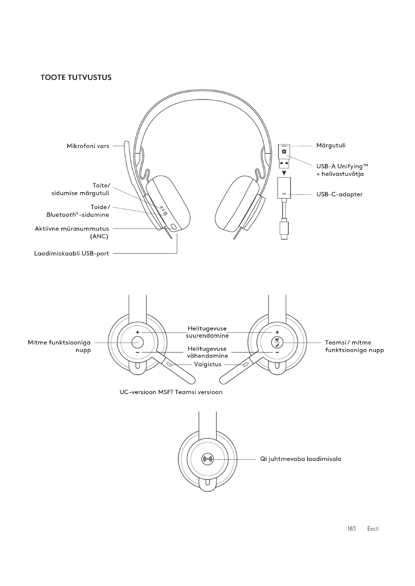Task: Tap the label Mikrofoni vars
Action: (x=88, y=146)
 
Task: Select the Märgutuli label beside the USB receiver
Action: (x=331, y=146)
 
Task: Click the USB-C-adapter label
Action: (x=339, y=194)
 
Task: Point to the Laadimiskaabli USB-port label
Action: (x=72, y=254)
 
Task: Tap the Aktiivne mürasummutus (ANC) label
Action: (x=72, y=232)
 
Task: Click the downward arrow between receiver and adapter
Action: (x=284, y=173)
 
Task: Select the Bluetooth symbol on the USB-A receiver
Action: (x=284, y=152)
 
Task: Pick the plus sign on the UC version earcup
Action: (x=137, y=332)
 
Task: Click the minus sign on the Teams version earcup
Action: (x=277, y=353)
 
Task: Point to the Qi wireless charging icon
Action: (x=207, y=459)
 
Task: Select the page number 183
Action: (x=351, y=529)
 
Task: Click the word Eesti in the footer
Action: (x=373, y=529)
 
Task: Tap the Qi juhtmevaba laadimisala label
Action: (x=301, y=459)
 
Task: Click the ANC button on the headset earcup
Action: (x=174, y=227)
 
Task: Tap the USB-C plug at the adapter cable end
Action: (x=284, y=230)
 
